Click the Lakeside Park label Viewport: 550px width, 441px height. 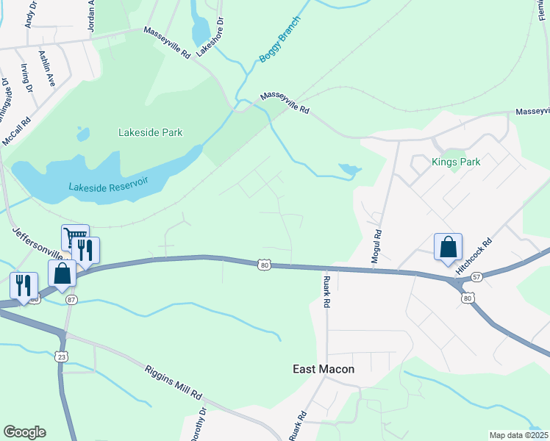tap(150, 133)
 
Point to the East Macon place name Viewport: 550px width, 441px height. tap(324, 369)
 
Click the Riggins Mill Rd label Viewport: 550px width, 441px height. tap(173, 382)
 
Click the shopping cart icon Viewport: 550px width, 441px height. tap(75, 237)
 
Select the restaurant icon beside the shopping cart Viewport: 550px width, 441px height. tap(86, 250)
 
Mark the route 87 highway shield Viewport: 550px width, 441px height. tap(71, 299)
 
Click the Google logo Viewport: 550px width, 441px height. tap(24, 432)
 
